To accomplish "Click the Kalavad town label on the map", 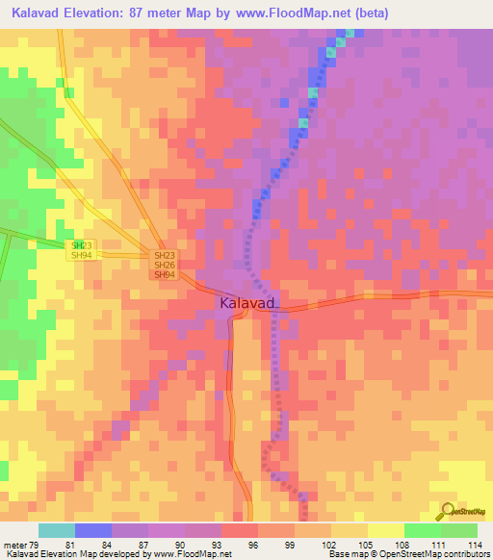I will point(248,303).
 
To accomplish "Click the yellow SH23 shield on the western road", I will point(83,245).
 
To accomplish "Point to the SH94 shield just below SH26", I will point(165,275).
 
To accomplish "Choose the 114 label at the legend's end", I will point(474,544).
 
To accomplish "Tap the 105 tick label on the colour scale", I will point(366,544).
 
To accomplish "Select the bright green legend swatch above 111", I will point(422,530).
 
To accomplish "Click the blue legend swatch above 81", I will point(93,530).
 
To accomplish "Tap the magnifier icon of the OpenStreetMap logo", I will point(447,512).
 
